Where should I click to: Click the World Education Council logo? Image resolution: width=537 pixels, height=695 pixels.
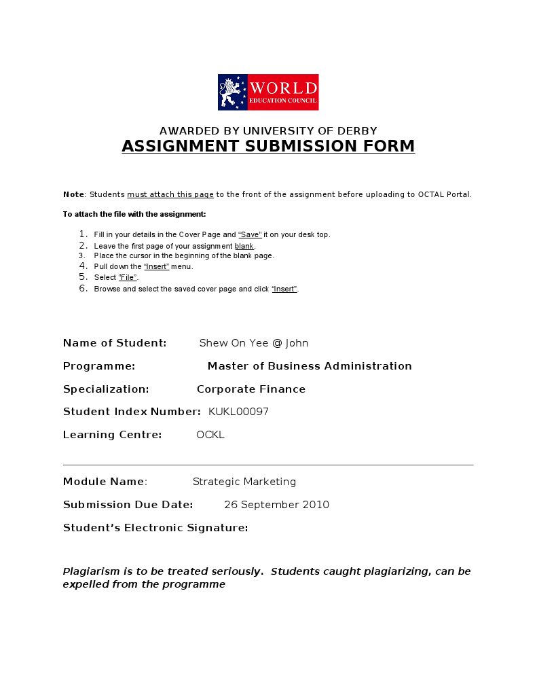[268, 92]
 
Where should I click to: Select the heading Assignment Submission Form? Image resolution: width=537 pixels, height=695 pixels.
[268, 146]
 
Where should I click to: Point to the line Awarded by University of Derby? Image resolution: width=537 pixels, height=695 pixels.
[268, 130]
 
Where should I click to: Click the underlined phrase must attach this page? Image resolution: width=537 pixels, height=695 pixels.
[170, 194]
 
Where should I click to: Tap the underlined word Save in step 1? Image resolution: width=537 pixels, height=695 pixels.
[250, 234]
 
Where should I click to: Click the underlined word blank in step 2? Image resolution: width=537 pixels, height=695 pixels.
[244, 245]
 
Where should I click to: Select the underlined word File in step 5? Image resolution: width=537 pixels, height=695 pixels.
[128, 277]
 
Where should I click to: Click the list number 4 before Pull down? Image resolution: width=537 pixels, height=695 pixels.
[84, 266]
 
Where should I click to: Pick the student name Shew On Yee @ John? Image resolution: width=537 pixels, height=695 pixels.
[253, 343]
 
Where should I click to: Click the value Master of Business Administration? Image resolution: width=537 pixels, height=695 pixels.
[310, 366]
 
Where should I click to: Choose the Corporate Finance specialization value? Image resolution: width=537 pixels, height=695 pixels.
[251, 389]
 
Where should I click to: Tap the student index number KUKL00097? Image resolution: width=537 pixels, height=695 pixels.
[238, 412]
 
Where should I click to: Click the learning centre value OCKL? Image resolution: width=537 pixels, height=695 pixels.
[210, 435]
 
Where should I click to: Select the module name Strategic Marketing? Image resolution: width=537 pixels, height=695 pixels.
[244, 482]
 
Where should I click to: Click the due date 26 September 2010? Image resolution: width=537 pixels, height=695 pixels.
[276, 505]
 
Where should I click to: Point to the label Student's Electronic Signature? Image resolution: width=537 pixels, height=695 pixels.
[155, 528]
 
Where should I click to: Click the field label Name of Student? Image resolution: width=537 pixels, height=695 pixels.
[115, 343]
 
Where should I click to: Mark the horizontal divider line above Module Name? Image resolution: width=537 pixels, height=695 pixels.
[268, 465]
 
